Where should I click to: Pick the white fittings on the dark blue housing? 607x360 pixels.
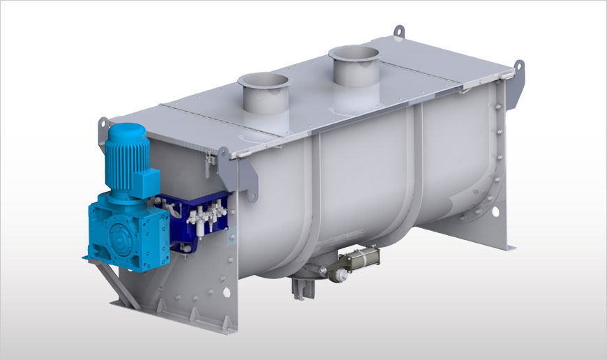pos(207,213)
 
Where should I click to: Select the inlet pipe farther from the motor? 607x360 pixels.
pos(354,66)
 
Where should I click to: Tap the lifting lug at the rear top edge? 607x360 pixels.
pos(398,31)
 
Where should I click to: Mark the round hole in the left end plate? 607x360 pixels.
pos(225,292)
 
